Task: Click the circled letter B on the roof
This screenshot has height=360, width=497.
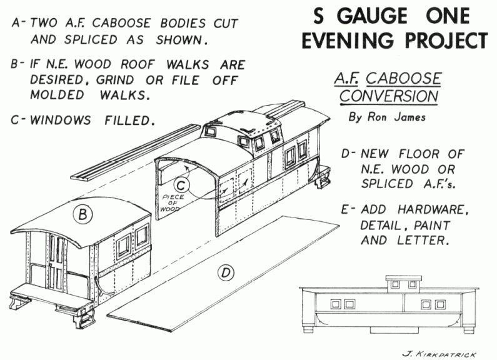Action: [x=83, y=214]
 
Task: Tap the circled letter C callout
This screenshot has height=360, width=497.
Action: [x=179, y=186]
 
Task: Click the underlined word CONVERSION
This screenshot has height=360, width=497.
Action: [x=384, y=96]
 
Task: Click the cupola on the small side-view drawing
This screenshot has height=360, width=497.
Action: [x=395, y=284]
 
